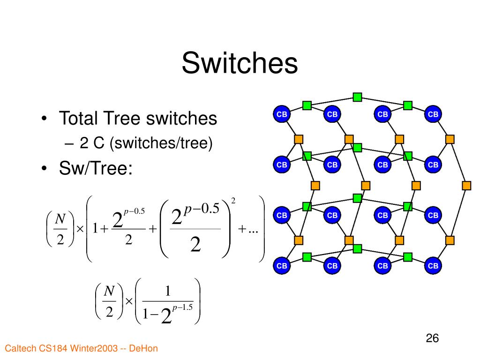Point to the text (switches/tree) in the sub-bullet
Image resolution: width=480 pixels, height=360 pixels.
point(161,143)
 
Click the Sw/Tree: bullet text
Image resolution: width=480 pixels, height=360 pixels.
point(96,168)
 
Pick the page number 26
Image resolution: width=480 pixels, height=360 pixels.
point(432,338)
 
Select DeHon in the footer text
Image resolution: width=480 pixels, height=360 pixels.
point(143,348)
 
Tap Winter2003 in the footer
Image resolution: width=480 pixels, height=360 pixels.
point(94,348)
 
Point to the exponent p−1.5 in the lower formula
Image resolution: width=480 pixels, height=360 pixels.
point(183,307)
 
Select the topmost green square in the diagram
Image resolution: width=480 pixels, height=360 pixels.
point(357,97)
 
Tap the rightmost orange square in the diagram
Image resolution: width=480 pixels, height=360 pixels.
point(466,185)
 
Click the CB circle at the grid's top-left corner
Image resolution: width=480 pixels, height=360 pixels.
point(282,114)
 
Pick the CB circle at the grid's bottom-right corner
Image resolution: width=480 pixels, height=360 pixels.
point(434,266)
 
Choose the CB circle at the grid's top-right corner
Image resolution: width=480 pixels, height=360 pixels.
point(434,114)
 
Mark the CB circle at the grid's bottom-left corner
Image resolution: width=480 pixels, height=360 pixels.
point(282,266)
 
